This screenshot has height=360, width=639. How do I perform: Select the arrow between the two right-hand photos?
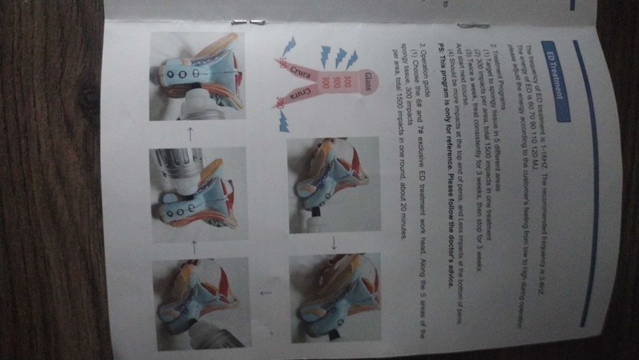pos(332,243)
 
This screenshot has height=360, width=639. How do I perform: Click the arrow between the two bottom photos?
pos(266,293)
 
